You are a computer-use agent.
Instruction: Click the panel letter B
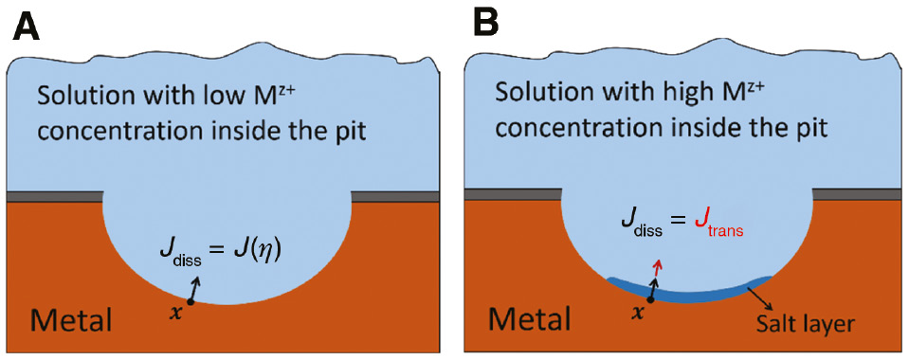pos(485,26)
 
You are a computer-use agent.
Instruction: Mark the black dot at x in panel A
pos(191,301)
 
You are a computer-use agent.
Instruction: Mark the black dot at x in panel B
pos(649,299)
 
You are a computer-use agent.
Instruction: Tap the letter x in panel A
pos(173,312)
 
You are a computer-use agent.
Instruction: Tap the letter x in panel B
pos(637,313)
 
